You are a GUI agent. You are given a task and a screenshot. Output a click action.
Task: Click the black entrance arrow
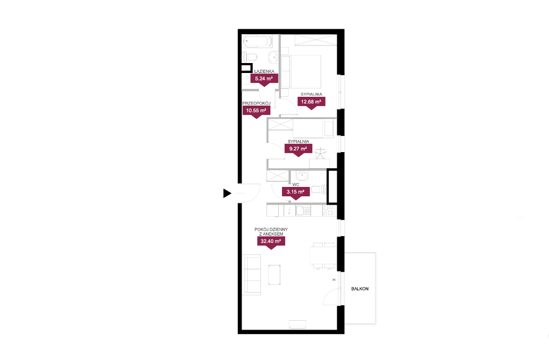pyautogui.click(x=227, y=193)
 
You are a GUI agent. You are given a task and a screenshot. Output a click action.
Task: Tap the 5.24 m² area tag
pyautogui.click(x=264, y=80)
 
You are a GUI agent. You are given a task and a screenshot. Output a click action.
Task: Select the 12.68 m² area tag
pyautogui.click(x=311, y=103)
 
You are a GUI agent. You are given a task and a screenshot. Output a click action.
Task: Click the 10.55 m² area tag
pyautogui.click(x=256, y=111)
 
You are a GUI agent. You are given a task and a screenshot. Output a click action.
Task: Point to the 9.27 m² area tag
pyautogui.click(x=299, y=149)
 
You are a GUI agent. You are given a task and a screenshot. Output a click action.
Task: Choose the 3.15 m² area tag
pyautogui.click(x=295, y=192)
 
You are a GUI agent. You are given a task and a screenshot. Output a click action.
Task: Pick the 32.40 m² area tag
pyautogui.click(x=271, y=242)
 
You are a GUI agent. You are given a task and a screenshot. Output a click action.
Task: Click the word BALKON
pyautogui.click(x=360, y=289)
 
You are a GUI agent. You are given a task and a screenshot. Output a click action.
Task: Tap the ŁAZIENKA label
pyautogui.click(x=264, y=71)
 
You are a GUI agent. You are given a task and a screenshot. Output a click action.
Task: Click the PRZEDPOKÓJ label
pyautogui.click(x=257, y=103)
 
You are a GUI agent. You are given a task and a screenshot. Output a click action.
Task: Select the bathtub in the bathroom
pyautogui.click(x=257, y=41)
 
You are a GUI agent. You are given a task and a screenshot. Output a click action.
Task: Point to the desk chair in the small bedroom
pyautogui.click(x=320, y=154)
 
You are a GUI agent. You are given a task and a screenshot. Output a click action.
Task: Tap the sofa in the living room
pyautogui.click(x=252, y=274)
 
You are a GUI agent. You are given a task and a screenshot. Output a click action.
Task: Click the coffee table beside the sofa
pyautogui.click(x=274, y=274)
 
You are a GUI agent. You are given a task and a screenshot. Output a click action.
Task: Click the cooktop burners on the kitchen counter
pyautogui.click(x=328, y=211)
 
